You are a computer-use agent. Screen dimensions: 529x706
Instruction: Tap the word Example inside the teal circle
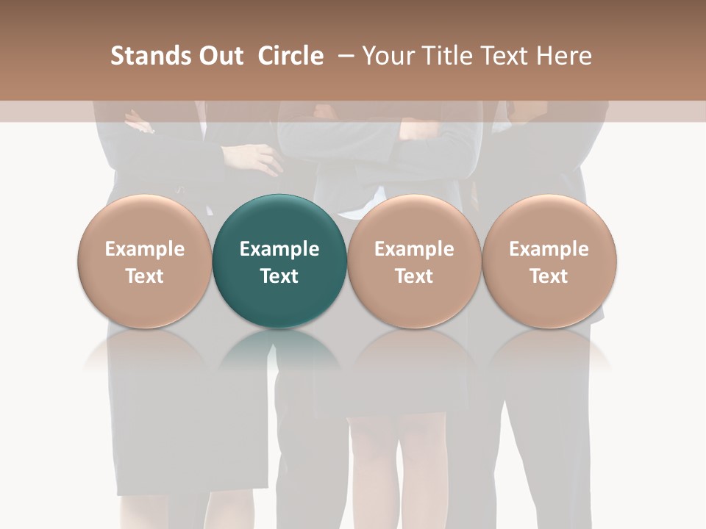(279, 249)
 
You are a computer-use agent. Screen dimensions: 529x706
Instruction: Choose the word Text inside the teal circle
(279, 276)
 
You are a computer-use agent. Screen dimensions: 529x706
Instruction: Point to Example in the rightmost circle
(549, 249)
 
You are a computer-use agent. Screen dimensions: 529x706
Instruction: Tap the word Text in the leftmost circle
(144, 276)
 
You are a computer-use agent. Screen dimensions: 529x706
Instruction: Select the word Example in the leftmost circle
(144, 249)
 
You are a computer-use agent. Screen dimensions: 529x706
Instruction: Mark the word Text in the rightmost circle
(549, 276)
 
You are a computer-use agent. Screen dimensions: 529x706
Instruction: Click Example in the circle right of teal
(414, 249)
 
